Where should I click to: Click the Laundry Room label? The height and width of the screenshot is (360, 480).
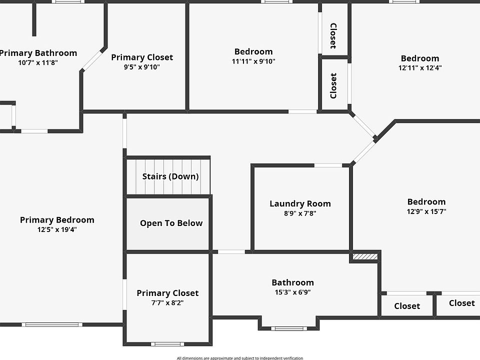[x=300, y=203]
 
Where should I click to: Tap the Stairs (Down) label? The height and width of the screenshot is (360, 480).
[x=170, y=176]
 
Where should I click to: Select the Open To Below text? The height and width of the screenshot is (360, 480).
[x=171, y=223]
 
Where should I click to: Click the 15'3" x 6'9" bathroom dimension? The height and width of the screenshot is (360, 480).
[x=292, y=292]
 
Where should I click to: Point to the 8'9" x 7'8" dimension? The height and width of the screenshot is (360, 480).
[x=300, y=213]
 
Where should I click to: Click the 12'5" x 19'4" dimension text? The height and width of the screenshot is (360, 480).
[x=57, y=229]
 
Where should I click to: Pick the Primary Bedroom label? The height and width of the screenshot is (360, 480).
[x=57, y=220]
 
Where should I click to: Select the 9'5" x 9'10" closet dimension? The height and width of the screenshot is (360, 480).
[x=142, y=67]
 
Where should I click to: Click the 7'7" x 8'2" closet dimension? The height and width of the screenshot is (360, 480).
[x=167, y=302]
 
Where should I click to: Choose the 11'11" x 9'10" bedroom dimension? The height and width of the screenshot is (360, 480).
[x=253, y=61]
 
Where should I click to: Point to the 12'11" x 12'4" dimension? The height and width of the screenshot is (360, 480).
[x=420, y=67]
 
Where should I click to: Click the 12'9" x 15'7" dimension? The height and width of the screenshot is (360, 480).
[x=426, y=211]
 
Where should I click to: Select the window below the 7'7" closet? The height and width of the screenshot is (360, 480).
[x=167, y=343]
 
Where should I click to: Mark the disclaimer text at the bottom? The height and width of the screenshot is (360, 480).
[x=240, y=357]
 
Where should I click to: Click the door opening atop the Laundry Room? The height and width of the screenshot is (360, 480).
[x=328, y=165]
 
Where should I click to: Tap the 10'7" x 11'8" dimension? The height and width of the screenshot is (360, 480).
[x=38, y=62]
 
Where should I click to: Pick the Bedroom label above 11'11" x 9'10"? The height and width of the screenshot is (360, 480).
[x=253, y=51]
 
